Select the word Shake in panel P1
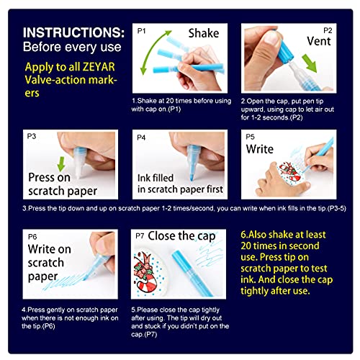tap(204, 33)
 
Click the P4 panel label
tap(142, 136)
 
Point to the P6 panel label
tap(30, 235)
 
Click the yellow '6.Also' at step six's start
tap(263, 234)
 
